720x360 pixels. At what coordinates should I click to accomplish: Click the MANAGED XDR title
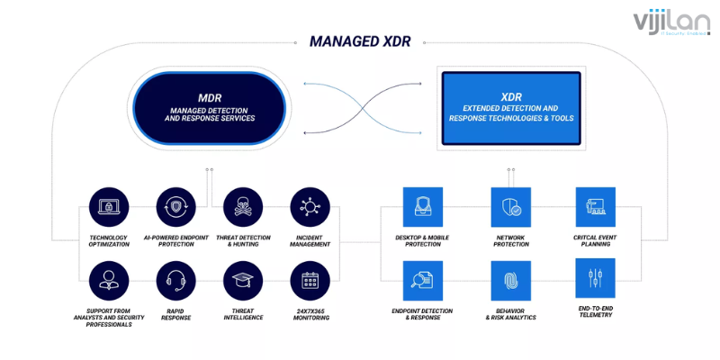coord(360,40)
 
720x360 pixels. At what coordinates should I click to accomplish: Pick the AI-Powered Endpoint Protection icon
coord(175,208)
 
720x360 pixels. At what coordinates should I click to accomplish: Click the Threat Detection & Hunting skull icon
coord(241,208)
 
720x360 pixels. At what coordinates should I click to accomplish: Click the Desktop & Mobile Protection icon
coord(420,208)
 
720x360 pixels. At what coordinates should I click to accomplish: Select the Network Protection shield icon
coord(509,208)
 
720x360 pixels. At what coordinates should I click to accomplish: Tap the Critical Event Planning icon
coord(595,207)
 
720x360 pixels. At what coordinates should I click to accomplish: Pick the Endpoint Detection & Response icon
coord(420,280)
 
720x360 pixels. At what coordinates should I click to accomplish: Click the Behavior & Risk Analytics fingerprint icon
coord(509,280)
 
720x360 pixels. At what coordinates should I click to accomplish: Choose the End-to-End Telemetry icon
coord(595,279)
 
